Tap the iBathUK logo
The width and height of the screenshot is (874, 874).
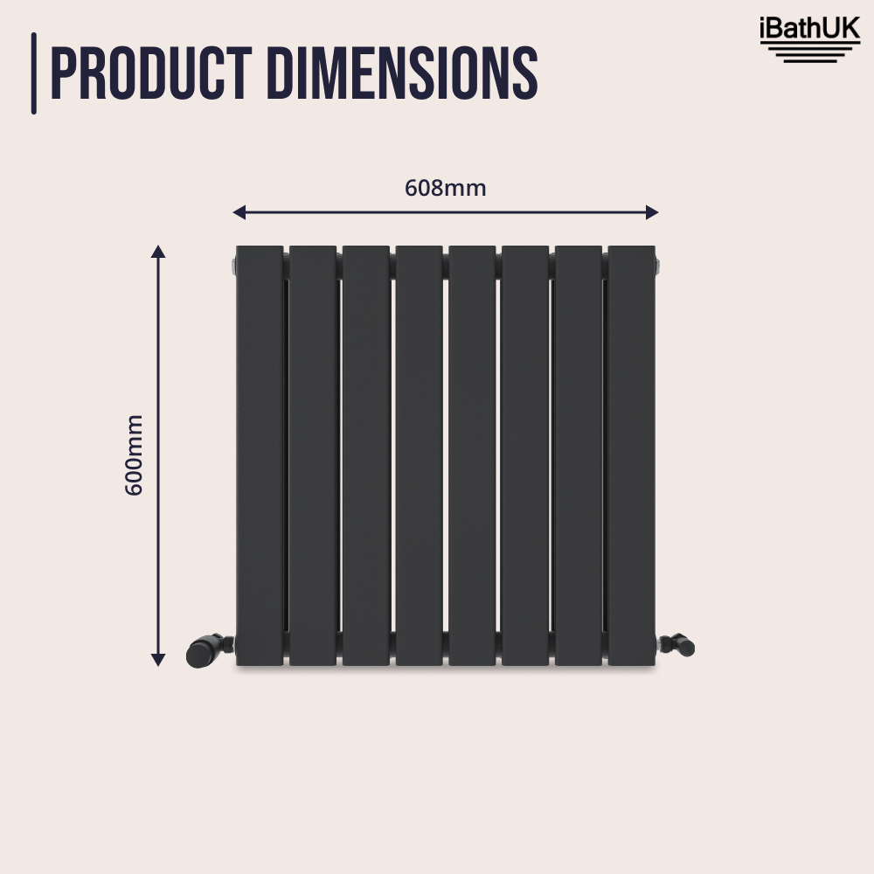(x=809, y=40)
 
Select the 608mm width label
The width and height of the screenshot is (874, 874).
(x=445, y=188)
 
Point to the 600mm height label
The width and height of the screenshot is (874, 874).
(x=134, y=454)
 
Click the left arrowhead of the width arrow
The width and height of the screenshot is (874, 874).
(x=239, y=212)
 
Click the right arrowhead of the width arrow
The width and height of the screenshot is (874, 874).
(x=651, y=212)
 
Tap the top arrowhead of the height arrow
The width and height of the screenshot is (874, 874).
(x=158, y=253)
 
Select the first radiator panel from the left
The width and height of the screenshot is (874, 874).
(x=260, y=454)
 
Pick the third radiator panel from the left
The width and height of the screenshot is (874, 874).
(x=366, y=454)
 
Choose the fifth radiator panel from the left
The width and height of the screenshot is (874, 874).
(x=473, y=454)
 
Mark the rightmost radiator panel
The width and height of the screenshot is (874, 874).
(x=632, y=454)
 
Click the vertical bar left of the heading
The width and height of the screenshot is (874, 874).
(x=34, y=73)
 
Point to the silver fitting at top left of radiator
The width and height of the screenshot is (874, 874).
(x=232, y=264)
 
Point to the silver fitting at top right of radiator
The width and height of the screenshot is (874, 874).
(x=658, y=264)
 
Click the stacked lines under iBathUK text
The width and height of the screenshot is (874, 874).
(x=809, y=54)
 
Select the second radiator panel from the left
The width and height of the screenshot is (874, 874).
(x=313, y=454)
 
